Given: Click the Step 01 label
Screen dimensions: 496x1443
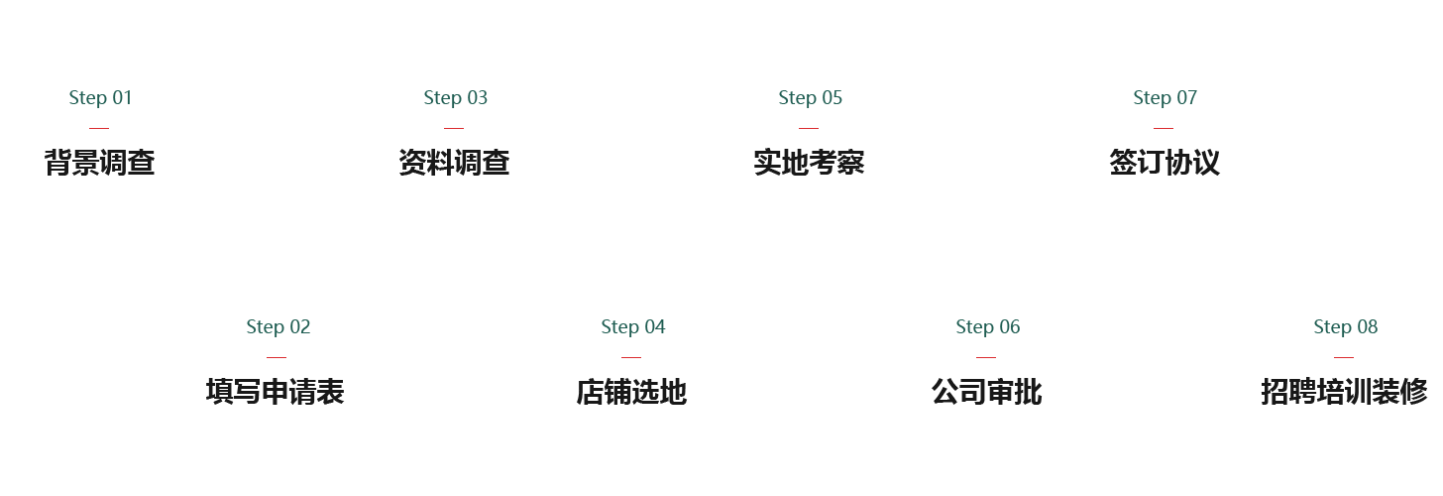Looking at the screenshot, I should tap(100, 97).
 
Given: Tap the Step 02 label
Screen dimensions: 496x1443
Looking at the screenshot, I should tap(278, 326).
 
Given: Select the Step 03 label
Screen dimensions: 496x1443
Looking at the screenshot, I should tap(455, 97).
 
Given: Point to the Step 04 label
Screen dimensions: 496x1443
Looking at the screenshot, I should tap(633, 326).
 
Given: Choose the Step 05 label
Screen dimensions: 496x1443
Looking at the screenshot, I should tap(810, 97).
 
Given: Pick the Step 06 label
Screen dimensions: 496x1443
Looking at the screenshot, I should tap(987, 326).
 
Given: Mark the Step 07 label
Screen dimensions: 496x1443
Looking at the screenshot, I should tap(1165, 97).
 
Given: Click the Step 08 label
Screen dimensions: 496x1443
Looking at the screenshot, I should tap(1345, 326).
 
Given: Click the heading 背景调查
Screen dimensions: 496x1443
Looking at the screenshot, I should tap(100, 163).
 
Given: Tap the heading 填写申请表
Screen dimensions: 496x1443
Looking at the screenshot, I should tap(276, 392).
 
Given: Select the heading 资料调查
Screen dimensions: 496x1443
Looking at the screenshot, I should tap(455, 163).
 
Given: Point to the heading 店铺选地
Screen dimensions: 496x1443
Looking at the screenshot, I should tap(631, 392).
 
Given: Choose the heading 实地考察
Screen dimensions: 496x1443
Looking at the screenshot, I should tap(810, 163).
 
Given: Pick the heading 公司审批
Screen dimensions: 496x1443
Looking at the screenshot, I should tap(987, 392).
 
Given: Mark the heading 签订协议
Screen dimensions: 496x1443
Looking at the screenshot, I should tap(1165, 163).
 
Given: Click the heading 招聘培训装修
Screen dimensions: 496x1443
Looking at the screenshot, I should tap(1344, 392).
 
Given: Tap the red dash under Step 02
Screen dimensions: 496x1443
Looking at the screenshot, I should tap(277, 357).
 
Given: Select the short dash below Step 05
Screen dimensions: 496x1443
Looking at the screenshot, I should tap(809, 128).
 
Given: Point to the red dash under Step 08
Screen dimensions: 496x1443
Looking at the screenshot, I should tap(1344, 357).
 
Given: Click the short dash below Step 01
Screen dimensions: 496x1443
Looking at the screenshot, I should tap(99, 128).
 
